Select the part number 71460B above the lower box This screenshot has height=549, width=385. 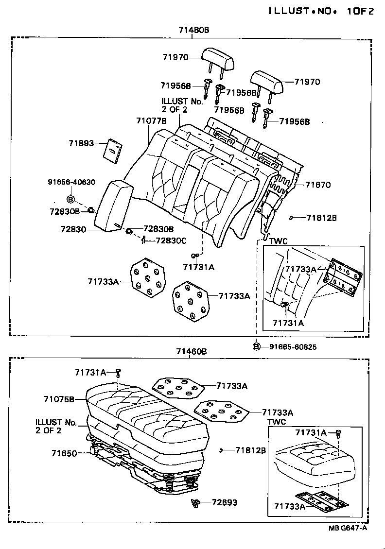pyautogui.click(x=192, y=351)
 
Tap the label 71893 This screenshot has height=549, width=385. pyautogui.click(x=81, y=143)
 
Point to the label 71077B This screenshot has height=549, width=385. pyautogui.click(x=152, y=121)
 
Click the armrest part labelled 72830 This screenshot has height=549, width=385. pyautogui.click(x=112, y=206)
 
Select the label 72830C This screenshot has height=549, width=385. pyautogui.click(x=170, y=240)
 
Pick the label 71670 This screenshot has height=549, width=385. pyautogui.click(x=318, y=185)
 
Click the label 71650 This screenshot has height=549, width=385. pyautogui.click(x=64, y=453)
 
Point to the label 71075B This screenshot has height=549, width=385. pyautogui.click(x=59, y=399)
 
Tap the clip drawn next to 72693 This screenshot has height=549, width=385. pyautogui.click(x=196, y=504)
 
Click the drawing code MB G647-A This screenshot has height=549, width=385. pyautogui.click(x=346, y=529)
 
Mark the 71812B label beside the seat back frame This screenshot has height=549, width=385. pyautogui.click(x=321, y=218)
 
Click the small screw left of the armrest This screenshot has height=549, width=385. pyautogui.click(x=90, y=210)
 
